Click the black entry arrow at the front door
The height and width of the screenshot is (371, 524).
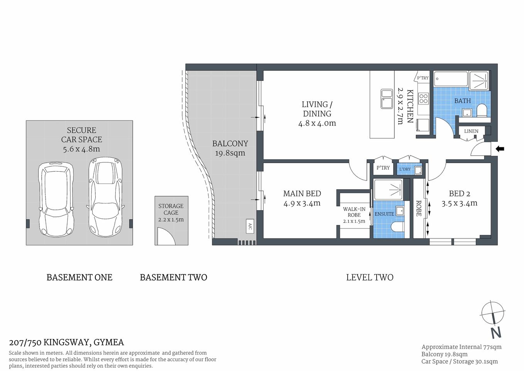[500, 149]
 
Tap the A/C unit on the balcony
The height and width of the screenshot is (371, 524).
[250, 226]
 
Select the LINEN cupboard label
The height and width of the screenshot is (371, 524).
[471, 131]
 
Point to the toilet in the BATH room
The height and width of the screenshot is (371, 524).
[482, 111]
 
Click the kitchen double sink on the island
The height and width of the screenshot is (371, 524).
[387, 99]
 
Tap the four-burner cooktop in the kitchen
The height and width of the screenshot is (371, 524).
[423, 99]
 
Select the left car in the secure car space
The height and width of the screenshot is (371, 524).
[56, 199]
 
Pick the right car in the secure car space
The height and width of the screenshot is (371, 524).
[105, 197]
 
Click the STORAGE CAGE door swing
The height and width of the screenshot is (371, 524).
[166, 236]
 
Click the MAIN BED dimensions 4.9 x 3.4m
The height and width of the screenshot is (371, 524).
[302, 203]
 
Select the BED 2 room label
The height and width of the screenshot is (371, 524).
[459, 194]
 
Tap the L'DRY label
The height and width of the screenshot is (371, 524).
[405, 169]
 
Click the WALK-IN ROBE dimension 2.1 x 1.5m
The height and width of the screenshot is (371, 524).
[354, 221]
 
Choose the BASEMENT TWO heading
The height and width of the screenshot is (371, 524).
[173, 277]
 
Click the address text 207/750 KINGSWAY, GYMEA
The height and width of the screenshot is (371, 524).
[66, 342]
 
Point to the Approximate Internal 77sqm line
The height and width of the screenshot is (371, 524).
[461, 347]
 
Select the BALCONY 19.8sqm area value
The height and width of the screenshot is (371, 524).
[230, 153]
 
